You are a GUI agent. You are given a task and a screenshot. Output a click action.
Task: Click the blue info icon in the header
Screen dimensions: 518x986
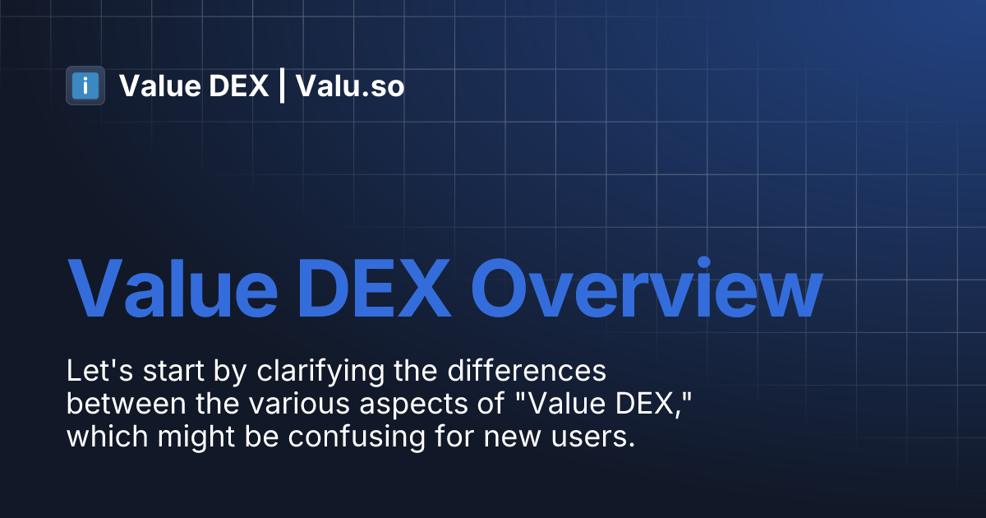point(85,86)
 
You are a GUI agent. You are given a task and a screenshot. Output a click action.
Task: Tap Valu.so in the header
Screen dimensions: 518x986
point(350,86)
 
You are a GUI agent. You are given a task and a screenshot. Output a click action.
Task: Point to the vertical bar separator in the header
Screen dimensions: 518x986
point(282,86)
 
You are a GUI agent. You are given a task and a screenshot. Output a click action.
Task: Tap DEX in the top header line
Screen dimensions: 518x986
point(239,86)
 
